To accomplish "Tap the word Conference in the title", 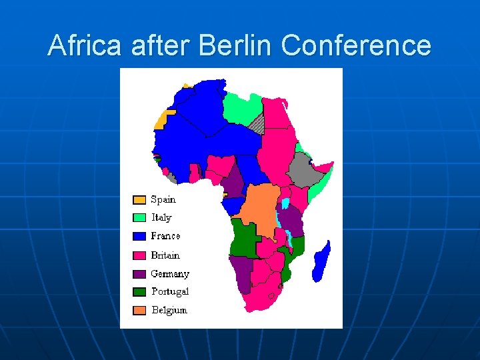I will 356,46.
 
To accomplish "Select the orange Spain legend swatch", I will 139,200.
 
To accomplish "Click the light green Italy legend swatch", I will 139,218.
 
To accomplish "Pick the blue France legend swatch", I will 139,237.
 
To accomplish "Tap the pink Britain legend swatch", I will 139,255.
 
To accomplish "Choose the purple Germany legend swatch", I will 139,274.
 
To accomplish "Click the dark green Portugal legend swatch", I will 139,292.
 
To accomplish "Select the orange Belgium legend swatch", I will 139,311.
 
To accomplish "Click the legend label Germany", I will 170,274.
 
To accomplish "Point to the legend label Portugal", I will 170,292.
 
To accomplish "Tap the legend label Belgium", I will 169,311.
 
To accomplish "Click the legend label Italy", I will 161,218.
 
